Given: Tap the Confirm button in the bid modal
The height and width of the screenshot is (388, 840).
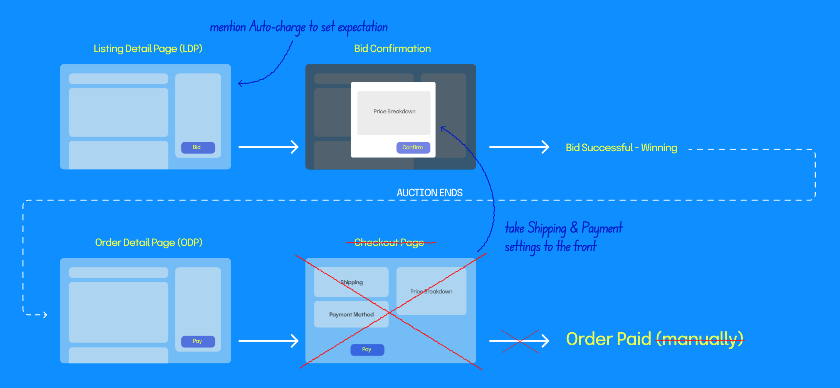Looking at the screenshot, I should click(413, 147).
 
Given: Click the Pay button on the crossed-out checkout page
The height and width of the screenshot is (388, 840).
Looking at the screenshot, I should click(367, 349).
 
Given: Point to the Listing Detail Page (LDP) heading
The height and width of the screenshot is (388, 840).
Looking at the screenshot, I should click(148, 49).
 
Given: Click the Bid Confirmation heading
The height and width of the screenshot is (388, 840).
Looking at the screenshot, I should click(392, 49).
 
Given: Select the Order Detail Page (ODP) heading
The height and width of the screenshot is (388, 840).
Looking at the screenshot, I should click(149, 243).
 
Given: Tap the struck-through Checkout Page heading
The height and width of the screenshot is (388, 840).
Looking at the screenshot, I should click(389, 243).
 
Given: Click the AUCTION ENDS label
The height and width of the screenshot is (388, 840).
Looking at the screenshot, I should click(430, 193).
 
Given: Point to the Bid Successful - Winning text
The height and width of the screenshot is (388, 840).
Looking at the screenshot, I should click(621, 148).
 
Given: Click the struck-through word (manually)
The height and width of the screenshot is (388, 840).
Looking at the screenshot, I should click(700, 339).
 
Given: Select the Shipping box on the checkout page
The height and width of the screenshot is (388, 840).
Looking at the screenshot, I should click(351, 282).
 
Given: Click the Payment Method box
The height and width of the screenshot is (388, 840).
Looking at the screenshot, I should click(351, 314).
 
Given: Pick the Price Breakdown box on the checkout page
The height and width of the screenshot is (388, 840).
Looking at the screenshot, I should click(431, 291).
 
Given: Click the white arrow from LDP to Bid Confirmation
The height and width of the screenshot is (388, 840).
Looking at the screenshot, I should click(269, 147).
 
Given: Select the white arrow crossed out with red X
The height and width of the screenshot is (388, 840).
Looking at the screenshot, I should click(519, 341).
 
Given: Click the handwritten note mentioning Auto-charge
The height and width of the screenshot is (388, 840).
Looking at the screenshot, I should click(299, 27).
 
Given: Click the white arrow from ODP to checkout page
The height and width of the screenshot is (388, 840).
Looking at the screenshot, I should click(269, 341).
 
